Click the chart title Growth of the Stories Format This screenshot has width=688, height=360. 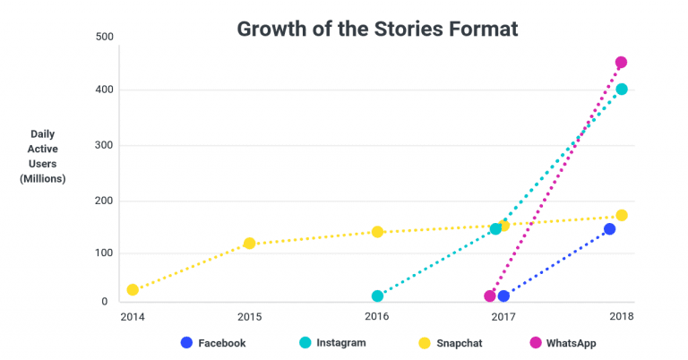pos(377,29)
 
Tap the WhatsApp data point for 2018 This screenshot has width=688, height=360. pos(621,63)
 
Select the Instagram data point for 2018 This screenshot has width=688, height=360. pos(621,90)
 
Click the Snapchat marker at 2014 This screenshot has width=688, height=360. pos(133,290)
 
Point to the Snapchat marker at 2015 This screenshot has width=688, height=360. pos(249,244)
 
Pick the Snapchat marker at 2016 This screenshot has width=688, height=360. pos(377,232)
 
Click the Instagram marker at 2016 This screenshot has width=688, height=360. pos(377,296)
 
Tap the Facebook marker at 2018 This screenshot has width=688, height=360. pos(609,229)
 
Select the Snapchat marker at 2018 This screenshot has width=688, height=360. pos(621,216)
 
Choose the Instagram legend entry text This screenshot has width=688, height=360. pos(340,342)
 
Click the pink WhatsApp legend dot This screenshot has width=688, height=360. pos(536,342)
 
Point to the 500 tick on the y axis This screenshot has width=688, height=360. pos(103,37)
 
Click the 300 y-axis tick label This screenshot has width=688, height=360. pos(103,145)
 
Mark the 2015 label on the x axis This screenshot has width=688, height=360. pos(249,318)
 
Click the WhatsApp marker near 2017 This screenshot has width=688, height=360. pos(490,296)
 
